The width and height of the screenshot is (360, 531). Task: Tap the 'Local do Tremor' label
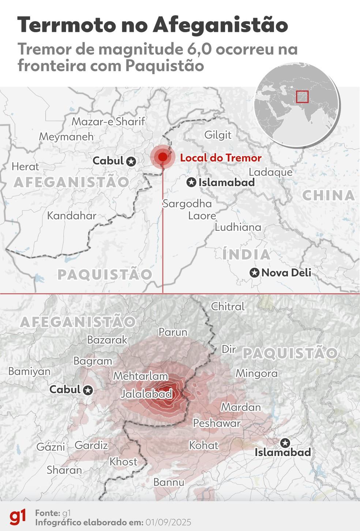coord(221,158)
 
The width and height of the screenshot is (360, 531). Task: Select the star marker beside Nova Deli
coord(255,273)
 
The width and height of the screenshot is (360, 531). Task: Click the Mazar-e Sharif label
coord(108,121)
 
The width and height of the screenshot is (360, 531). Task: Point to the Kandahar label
coord(72,216)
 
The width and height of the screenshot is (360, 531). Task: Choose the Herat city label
coord(25,167)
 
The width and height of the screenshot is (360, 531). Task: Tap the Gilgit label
coord(218,135)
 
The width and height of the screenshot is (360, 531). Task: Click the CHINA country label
coord(329,195)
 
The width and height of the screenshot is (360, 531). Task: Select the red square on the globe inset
coord(302,97)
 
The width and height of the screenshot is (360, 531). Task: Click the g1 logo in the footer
coord(18,517)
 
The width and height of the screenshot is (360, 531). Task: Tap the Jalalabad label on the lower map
coord(146,394)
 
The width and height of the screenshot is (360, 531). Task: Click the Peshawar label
coord(217,423)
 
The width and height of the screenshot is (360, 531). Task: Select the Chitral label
coord(228,307)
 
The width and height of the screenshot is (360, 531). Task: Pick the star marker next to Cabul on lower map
coord(88,390)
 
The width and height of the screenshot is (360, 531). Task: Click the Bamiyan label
coord(29,371)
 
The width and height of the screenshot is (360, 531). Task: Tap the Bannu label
coord(169,482)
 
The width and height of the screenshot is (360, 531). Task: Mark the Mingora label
coord(256,374)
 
